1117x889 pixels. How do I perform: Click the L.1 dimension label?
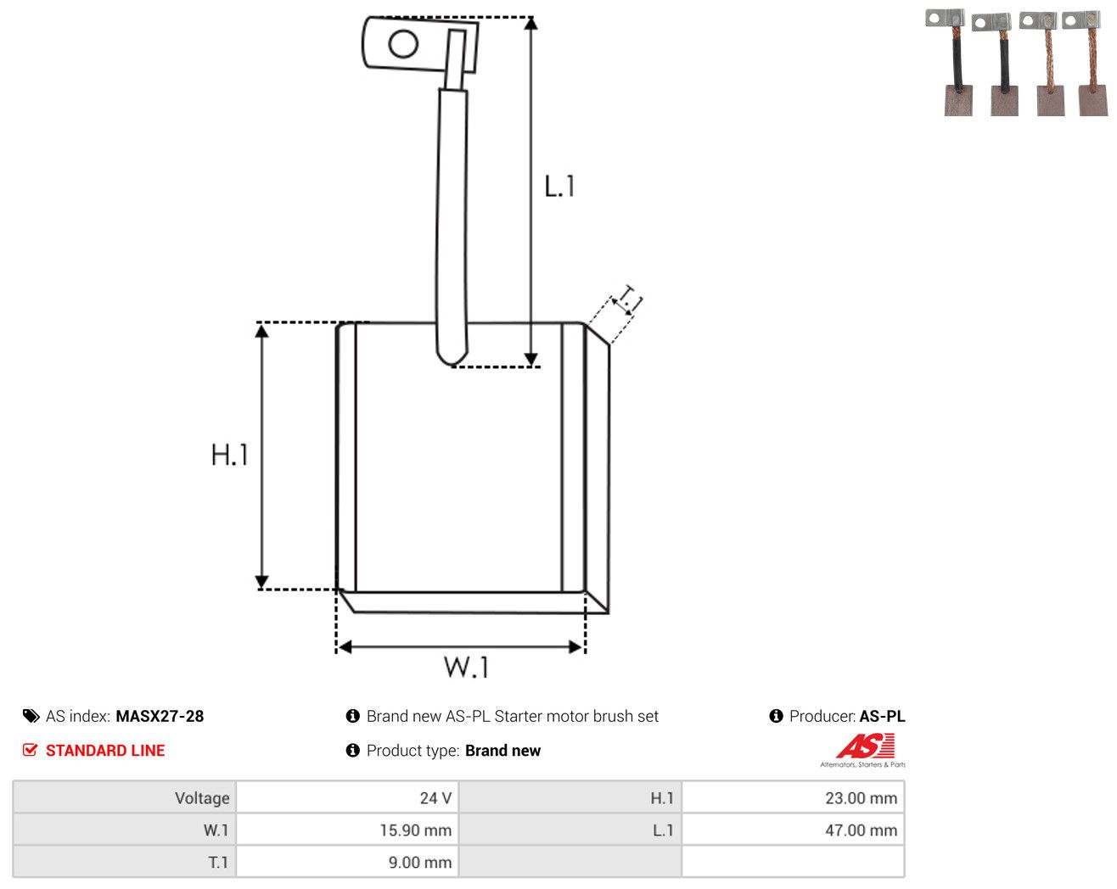(x=559, y=186)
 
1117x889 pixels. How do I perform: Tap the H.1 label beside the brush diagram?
(x=229, y=455)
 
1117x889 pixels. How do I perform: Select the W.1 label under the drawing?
(x=466, y=667)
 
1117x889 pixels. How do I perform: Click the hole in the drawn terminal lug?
(x=403, y=44)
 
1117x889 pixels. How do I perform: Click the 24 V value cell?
(x=346, y=797)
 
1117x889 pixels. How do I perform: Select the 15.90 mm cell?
(x=346, y=830)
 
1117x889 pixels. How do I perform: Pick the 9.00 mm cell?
(x=346, y=862)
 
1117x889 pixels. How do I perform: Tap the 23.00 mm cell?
(x=793, y=797)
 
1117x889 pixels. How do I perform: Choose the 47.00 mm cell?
(x=793, y=830)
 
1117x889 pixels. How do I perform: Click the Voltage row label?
(x=202, y=797)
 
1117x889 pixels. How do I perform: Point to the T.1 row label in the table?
(x=218, y=862)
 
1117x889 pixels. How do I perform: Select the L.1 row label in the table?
(x=663, y=830)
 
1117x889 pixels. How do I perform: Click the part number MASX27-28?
(x=160, y=716)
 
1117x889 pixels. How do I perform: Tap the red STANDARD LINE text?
(x=105, y=750)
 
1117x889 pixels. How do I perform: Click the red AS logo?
(x=865, y=746)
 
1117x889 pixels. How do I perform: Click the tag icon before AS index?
(x=31, y=716)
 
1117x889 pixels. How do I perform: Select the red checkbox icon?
(x=30, y=750)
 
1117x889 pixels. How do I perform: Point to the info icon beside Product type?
(x=352, y=750)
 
